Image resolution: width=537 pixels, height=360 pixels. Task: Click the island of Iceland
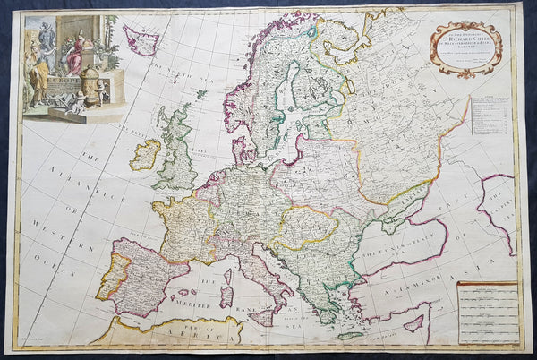click(141, 40)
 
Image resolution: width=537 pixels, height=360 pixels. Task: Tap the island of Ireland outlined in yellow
click(144, 154)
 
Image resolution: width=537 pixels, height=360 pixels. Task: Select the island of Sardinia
click(226, 295)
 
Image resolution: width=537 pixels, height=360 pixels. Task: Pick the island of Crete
click(351, 336)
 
